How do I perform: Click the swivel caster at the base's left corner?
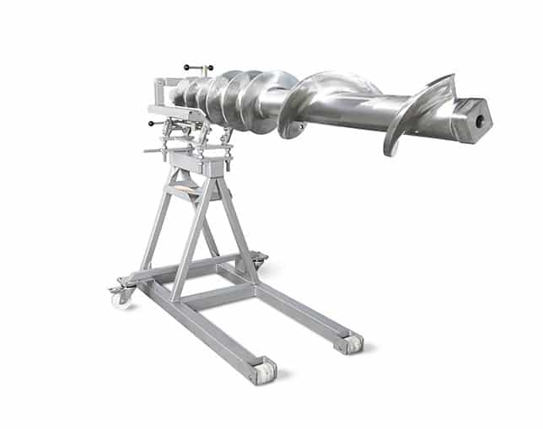click(x=120, y=296)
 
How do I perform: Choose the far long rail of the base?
click(x=304, y=308)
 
